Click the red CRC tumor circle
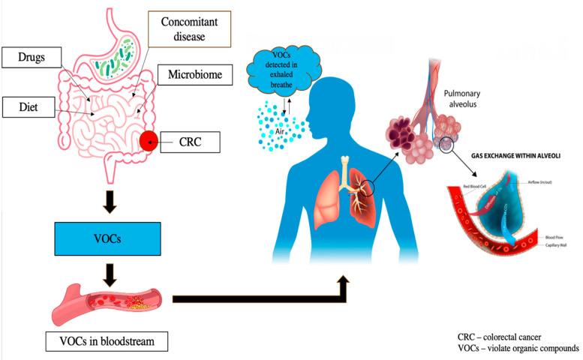[x=149, y=139]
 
